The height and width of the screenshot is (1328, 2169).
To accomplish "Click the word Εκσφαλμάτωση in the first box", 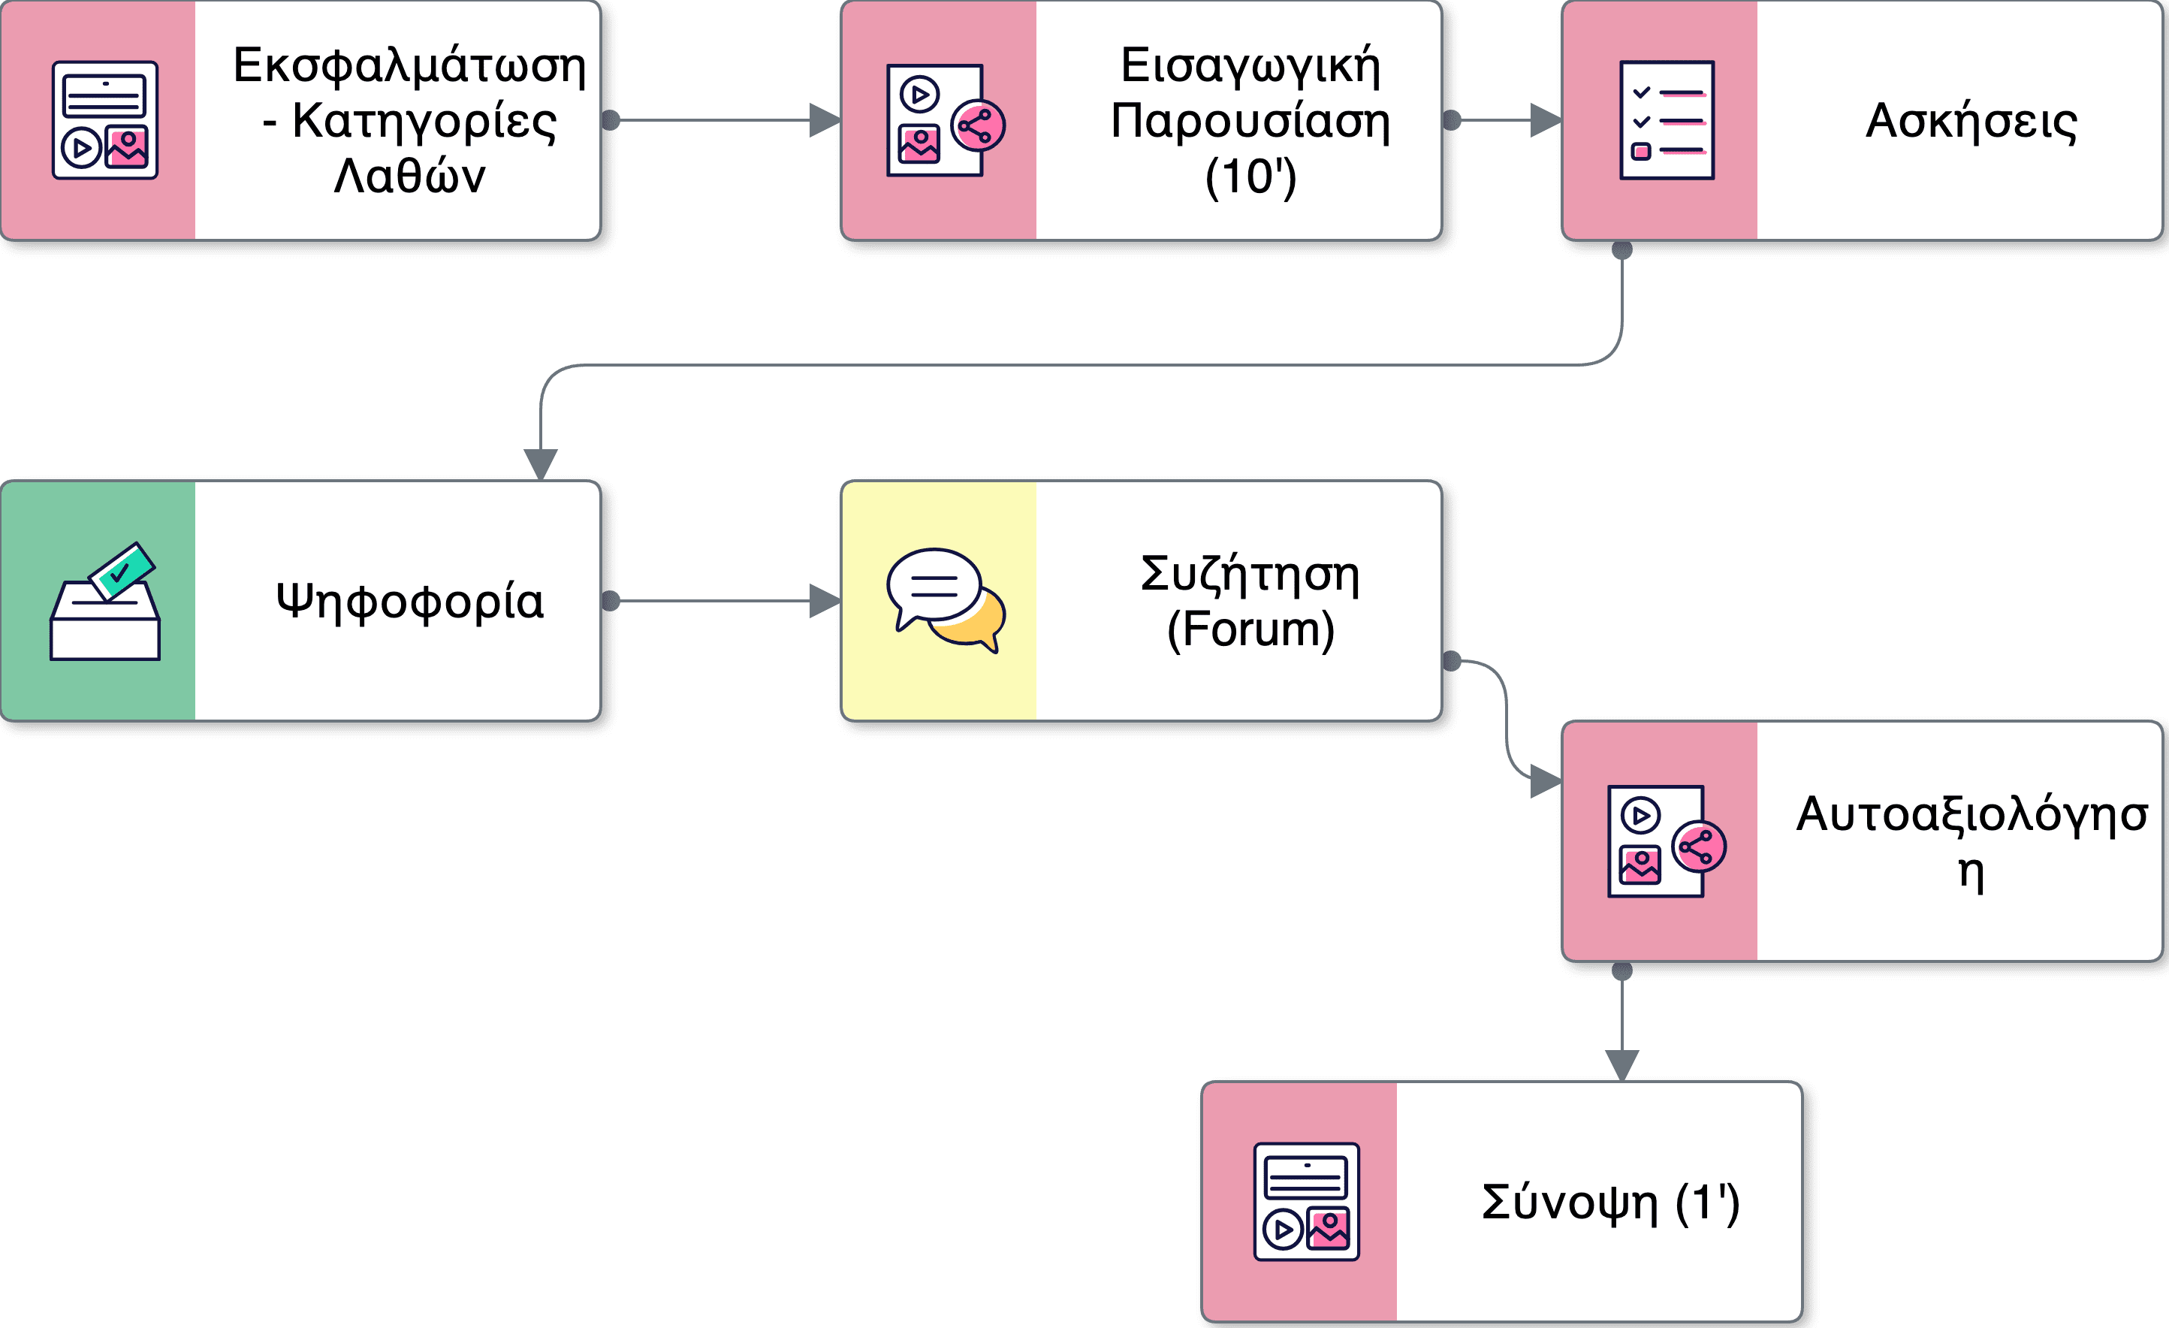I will (409, 66).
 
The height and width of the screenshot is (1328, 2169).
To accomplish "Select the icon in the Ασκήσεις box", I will (1667, 121).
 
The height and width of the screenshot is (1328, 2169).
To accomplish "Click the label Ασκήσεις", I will (1971, 122).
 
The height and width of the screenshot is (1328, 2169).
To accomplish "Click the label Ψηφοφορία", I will (409, 602).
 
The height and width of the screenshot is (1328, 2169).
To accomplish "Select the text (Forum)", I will (1250, 629).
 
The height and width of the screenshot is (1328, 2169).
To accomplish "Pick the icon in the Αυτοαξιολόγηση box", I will (1666, 841).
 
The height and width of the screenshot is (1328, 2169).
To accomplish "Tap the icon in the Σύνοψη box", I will (1306, 1202).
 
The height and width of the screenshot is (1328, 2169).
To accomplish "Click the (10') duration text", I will (1250, 177).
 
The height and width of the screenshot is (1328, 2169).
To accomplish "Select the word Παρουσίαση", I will (1250, 122).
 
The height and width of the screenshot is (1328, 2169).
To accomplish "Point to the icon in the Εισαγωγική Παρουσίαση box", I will (946, 121).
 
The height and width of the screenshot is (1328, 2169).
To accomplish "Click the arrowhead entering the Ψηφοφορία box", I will (541, 463).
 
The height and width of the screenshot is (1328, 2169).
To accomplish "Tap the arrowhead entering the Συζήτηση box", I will (825, 602).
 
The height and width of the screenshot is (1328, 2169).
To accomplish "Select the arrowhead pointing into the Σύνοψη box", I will (1621, 1064).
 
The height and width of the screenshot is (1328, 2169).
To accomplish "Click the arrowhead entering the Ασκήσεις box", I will (1546, 121).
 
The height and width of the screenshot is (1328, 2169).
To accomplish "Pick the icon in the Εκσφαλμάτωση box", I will (104, 121).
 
